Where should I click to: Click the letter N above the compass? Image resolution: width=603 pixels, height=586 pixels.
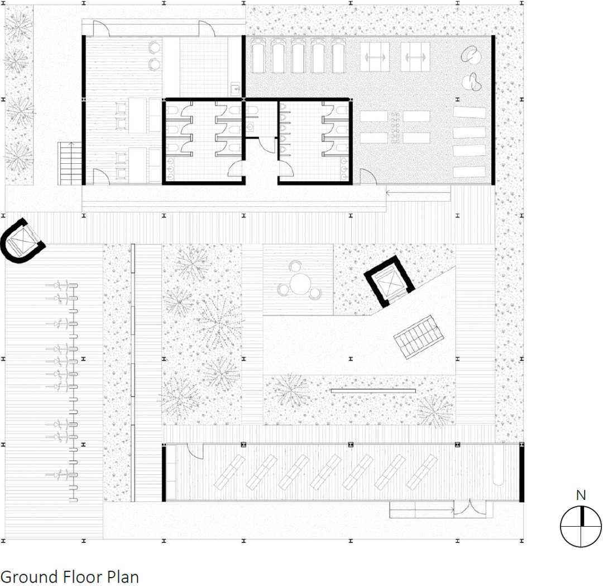(x=581, y=495)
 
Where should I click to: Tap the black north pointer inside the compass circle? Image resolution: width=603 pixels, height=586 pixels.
(x=582, y=516)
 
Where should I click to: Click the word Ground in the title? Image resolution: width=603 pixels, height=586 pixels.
(x=29, y=576)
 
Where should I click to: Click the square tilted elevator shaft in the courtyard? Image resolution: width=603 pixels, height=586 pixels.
(x=389, y=281)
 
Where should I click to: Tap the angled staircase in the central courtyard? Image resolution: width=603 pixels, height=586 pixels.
(x=418, y=337)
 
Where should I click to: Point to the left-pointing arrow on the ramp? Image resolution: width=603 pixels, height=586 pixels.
(x=418, y=192)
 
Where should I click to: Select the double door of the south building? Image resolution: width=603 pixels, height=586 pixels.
(x=470, y=508)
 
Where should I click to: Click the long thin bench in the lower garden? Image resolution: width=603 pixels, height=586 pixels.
(x=373, y=391)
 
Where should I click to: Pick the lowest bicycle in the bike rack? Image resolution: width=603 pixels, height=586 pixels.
(x=62, y=475)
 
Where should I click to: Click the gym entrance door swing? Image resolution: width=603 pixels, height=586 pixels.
(x=368, y=177)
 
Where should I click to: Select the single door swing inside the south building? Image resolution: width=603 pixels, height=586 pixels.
(x=195, y=451)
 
